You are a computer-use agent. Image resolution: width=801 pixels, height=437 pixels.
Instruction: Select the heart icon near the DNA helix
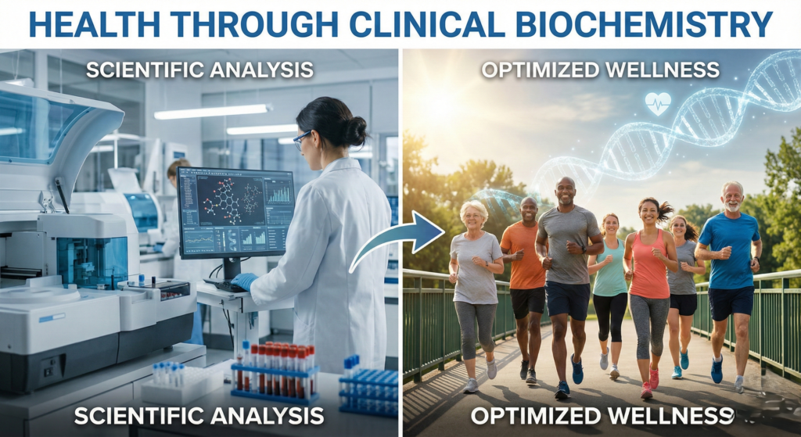(657, 103)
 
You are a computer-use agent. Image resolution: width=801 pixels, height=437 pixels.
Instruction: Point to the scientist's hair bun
(356, 130)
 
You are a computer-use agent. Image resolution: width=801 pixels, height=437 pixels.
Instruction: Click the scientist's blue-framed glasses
(302, 140)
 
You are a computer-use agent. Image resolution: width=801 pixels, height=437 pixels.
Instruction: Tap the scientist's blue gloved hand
(244, 281)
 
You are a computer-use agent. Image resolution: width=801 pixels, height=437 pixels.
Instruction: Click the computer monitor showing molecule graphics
(235, 213)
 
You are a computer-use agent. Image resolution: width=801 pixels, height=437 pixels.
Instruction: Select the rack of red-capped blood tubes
(275, 372)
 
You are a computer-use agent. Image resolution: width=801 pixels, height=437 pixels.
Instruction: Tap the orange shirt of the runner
(523, 256)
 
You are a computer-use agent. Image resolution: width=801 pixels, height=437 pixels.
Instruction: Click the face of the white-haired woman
(473, 217)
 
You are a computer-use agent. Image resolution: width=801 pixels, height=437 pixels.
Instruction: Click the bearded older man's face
(732, 197)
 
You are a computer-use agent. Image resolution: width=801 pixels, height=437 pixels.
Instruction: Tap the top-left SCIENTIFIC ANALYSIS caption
(199, 70)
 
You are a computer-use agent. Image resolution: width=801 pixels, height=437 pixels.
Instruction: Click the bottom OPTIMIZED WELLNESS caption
(602, 416)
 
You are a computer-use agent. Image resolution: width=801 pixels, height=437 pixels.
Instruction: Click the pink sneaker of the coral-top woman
(646, 390)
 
